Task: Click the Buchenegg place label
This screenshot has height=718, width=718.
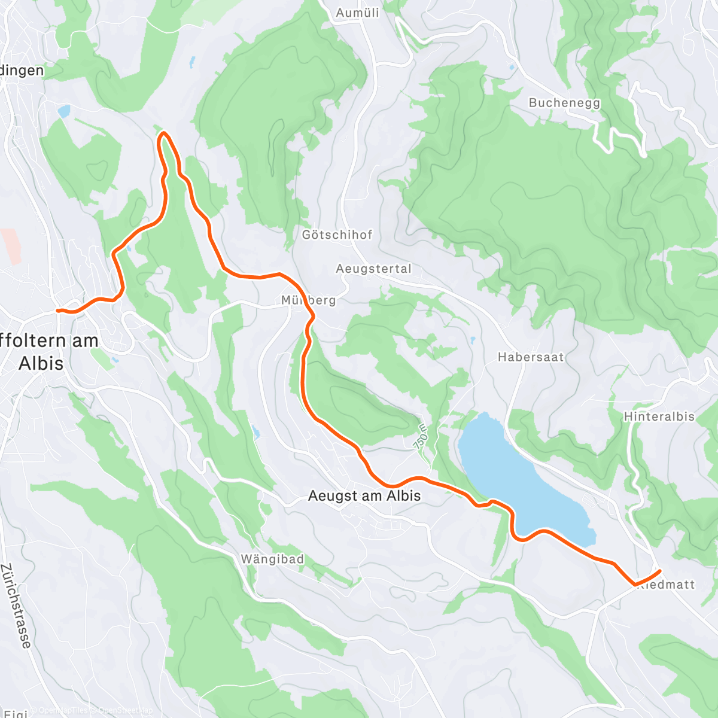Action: pos(564,103)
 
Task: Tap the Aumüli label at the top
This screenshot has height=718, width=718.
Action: pos(357,13)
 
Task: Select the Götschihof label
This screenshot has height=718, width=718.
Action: pos(337,235)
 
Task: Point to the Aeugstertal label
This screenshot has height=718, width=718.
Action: pos(374,269)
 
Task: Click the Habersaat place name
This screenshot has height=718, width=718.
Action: pos(531,357)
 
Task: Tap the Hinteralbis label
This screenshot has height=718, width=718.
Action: pos(659,416)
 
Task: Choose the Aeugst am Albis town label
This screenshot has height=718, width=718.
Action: pos(364,496)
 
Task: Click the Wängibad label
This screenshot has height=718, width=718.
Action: pos(272,559)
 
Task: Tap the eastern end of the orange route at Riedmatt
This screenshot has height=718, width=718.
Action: pos(659,570)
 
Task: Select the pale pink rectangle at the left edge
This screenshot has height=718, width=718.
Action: pos(11,246)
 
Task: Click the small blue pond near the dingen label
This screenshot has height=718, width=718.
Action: pos(63,111)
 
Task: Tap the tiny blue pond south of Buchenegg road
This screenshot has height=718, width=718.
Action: pos(512,68)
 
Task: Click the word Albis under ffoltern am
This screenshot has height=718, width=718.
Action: pos(41,363)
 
